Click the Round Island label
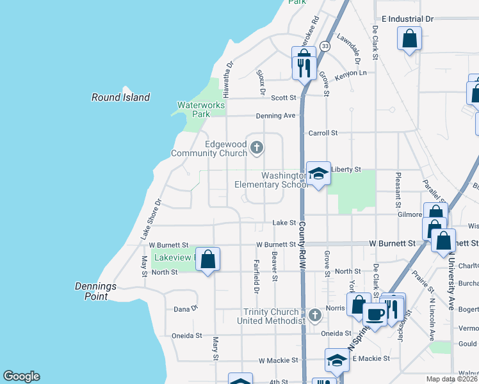(120, 97)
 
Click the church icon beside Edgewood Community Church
(256, 148)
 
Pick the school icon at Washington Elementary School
(318, 173)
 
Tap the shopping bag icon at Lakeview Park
(207, 259)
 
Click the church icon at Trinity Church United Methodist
(314, 315)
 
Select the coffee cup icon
(375, 314)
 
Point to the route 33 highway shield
(325, 46)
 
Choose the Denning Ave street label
(275, 116)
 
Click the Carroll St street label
(323, 133)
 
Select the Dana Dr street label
(186, 309)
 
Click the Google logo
(21, 376)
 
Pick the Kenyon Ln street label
(354, 73)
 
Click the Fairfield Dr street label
(256, 280)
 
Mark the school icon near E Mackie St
(337, 360)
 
